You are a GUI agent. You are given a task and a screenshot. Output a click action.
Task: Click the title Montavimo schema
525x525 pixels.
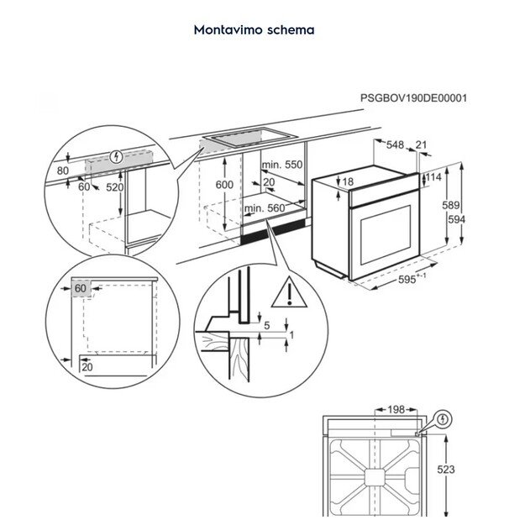[254, 29]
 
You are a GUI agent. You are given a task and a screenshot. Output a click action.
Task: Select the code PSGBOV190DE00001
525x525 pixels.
[414, 97]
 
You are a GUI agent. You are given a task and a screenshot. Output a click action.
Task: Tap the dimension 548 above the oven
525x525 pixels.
[396, 145]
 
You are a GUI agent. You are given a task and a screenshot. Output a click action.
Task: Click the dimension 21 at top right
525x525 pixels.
[422, 145]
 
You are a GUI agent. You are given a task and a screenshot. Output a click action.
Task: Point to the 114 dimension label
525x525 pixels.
[434, 177]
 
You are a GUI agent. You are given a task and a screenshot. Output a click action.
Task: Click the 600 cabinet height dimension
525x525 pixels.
[223, 185]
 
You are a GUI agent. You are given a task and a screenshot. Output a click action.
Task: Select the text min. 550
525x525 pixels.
[281, 165]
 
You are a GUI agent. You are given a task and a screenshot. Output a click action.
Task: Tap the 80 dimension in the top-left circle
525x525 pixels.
[61, 171]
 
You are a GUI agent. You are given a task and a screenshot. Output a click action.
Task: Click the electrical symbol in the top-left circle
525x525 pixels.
[116, 156]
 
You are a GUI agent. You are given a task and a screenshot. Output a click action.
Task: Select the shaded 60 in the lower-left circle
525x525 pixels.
[81, 289]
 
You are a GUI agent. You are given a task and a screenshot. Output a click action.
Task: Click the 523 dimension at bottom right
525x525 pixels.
[446, 470]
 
